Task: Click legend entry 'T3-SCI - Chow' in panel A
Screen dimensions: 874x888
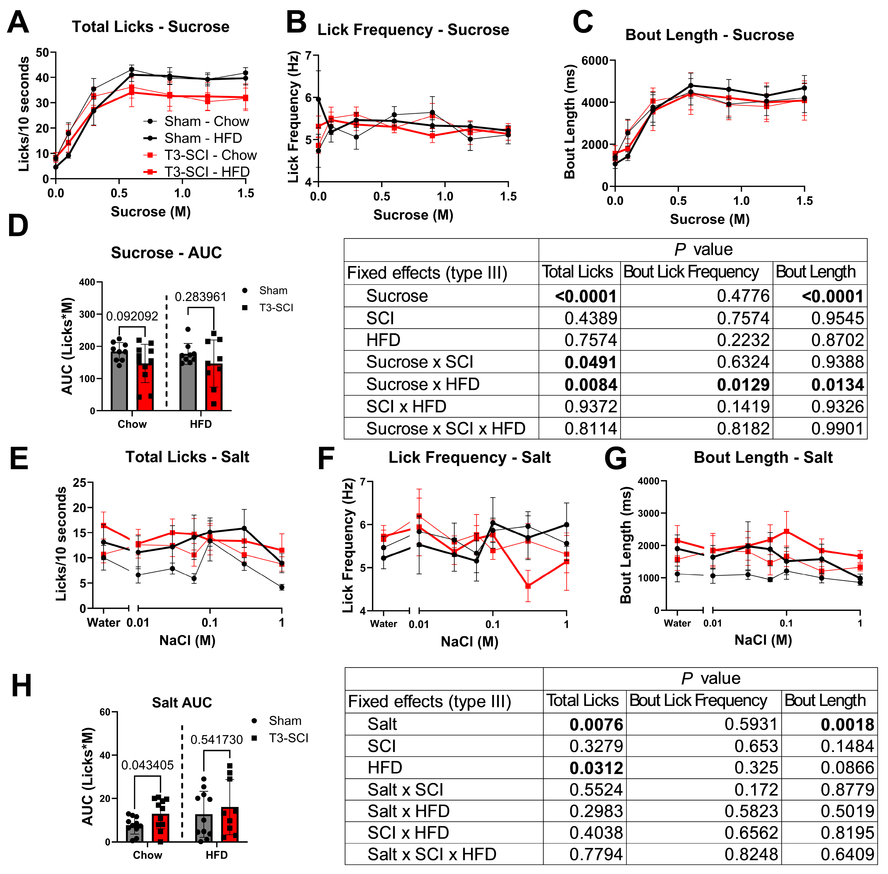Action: [210, 155]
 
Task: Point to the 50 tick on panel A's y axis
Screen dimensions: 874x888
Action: [42, 52]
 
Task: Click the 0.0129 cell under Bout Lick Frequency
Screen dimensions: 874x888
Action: [743, 385]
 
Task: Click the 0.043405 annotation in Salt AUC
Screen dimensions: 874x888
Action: [147, 765]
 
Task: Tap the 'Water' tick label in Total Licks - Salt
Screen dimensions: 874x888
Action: [104, 623]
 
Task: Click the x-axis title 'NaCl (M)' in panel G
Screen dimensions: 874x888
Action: [763, 640]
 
